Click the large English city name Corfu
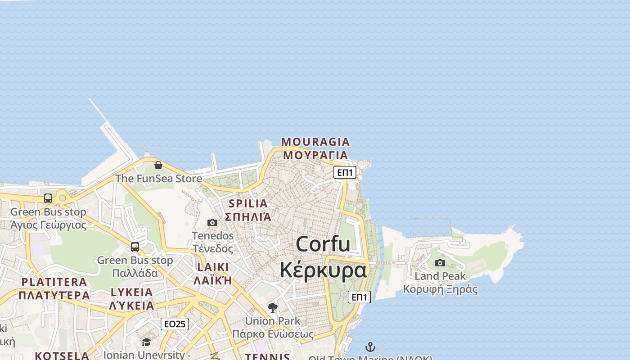point(323,244)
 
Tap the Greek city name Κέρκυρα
point(323,270)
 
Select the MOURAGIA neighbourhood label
point(315,142)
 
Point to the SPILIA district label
point(248,203)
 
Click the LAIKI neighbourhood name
point(213,267)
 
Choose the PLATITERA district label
point(54,282)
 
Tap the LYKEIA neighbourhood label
point(132,292)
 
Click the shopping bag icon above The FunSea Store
point(158,165)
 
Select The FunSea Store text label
point(158,179)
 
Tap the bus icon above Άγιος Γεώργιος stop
point(48,198)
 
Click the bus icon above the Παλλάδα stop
point(135,247)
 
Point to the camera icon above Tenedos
point(212,222)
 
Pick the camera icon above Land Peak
point(440,263)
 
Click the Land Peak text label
point(440,276)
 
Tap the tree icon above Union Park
point(272,308)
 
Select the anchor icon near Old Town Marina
point(370,347)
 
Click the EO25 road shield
point(175,324)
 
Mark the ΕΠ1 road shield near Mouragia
point(345,172)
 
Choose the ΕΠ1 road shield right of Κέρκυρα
point(359,297)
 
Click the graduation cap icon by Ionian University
point(146,342)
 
